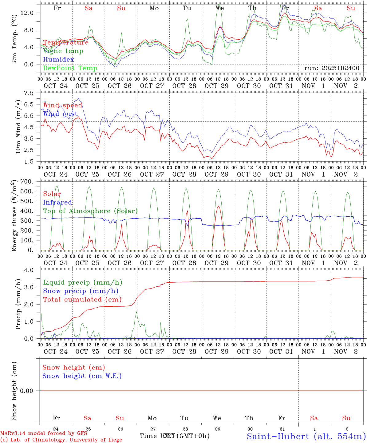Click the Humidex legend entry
[58, 59]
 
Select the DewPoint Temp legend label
[70, 68]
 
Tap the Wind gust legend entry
[60, 114]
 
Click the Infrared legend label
[57, 202]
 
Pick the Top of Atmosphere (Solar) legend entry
[90, 211]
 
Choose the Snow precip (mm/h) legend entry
[81, 291]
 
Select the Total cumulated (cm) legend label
[82, 299]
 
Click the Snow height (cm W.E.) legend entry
[82, 376]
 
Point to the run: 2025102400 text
[332, 68]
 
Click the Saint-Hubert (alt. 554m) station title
[306, 436]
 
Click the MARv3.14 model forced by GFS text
[44, 433]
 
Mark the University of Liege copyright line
[61, 440]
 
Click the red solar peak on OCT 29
[219, 206]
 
